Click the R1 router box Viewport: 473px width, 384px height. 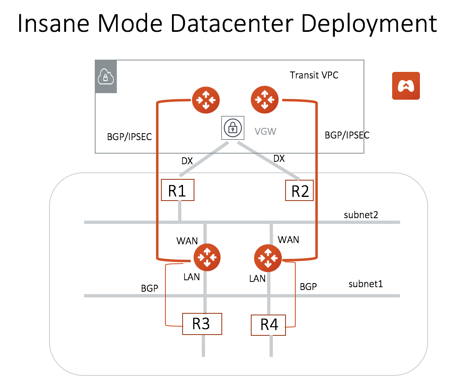(x=177, y=190)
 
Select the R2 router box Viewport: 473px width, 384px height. (x=299, y=191)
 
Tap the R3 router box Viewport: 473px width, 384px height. (x=202, y=324)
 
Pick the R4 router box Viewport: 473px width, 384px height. (x=268, y=325)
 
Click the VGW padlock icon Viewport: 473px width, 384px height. (x=232, y=128)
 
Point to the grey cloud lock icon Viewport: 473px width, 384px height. (x=106, y=77)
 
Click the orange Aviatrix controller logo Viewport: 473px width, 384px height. (x=406, y=86)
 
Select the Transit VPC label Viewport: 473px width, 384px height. (x=314, y=75)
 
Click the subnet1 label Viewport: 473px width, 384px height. (x=366, y=284)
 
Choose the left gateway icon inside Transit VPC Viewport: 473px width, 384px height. (x=206, y=99)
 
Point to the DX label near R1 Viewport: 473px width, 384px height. (x=187, y=161)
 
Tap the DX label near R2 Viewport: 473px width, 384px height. (x=279, y=159)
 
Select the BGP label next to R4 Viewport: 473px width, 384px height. (x=308, y=286)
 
